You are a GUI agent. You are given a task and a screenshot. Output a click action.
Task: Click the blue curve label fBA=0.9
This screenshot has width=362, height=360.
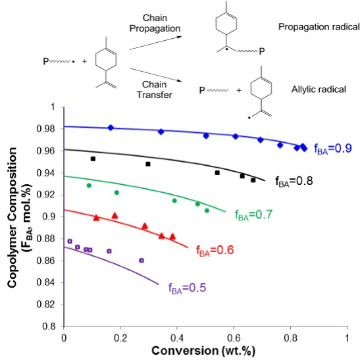click(333, 149)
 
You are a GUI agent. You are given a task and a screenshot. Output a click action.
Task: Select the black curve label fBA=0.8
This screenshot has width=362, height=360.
click(294, 181)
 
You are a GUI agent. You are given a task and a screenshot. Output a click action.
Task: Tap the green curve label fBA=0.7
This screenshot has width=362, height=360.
click(253, 215)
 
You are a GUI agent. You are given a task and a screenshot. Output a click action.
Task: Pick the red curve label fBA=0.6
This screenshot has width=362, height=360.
click(215, 251)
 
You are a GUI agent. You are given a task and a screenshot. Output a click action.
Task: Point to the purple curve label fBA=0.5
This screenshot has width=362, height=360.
click(187, 288)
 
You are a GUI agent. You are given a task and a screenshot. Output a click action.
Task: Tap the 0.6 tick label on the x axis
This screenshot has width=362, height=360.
click(234, 338)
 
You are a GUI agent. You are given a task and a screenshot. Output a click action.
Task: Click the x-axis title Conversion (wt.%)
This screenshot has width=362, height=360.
click(203, 351)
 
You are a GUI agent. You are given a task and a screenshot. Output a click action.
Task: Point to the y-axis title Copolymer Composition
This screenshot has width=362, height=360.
click(12, 217)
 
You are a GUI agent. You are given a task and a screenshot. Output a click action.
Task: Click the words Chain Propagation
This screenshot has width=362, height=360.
click(155, 23)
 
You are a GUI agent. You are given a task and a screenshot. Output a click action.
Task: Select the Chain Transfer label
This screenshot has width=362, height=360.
click(155, 90)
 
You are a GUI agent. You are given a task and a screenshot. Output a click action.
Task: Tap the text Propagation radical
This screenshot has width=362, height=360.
click(319, 27)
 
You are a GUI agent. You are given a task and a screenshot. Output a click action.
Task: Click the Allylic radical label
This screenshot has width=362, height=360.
click(319, 90)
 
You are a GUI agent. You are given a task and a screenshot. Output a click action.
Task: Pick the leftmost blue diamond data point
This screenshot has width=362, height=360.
click(111, 128)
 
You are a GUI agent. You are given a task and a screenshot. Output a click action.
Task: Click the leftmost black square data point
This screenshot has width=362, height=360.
click(93, 159)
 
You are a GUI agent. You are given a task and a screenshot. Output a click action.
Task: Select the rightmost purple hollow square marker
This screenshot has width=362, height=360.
click(142, 261)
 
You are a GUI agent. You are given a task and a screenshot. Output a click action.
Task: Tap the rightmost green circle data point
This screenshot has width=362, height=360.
click(207, 211)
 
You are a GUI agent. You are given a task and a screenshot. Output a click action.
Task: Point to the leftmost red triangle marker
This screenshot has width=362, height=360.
click(96, 218)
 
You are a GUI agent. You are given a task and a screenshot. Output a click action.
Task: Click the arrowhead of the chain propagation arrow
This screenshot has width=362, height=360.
click(180, 37)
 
